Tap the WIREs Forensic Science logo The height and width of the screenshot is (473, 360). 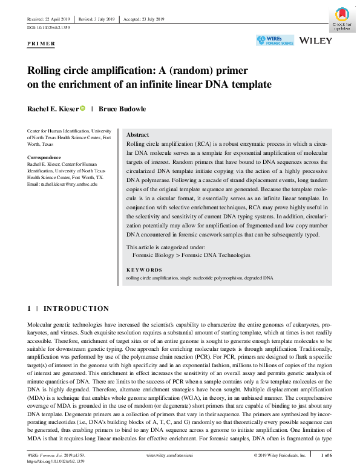(x=276, y=41)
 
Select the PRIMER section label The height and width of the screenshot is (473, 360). (x=42, y=44)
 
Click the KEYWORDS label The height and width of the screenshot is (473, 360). (x=144, y=270)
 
